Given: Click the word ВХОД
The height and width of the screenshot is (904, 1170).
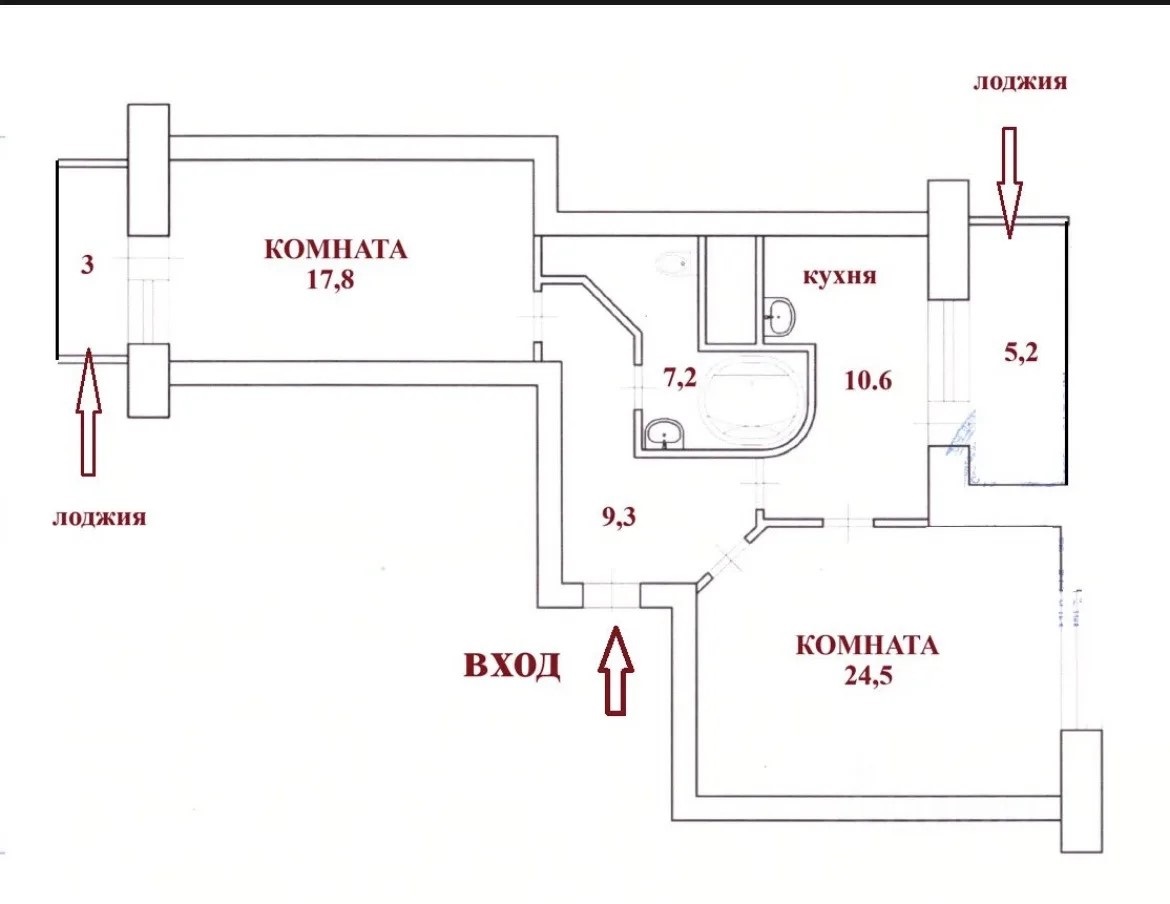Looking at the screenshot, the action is tap(512, 665).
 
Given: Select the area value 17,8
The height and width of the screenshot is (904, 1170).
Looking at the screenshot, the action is tap(330, 279).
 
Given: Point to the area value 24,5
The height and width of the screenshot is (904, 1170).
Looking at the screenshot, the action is tap(869, 675).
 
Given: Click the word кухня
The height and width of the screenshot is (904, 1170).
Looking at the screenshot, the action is tap(839, 277).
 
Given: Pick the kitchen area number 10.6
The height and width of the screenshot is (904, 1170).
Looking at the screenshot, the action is tap(868, 380).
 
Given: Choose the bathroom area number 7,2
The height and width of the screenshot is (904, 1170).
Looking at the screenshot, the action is tap(680, 378).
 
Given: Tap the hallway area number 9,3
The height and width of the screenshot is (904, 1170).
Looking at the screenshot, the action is tap(619, 516).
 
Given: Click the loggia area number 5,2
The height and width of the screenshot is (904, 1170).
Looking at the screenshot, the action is tap(1021, 351).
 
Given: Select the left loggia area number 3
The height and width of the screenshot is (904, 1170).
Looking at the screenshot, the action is tap(87, 264).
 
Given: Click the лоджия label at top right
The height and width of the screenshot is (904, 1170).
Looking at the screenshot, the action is tap(1019, 82).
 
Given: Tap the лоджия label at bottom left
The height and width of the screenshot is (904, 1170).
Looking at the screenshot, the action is tap(98, 518).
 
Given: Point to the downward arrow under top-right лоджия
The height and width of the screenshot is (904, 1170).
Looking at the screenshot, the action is tap(1008, 183).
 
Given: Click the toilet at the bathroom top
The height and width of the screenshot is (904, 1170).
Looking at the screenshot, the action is tap(674, 264).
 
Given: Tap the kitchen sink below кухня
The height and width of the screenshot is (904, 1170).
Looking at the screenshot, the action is tap(780, 318).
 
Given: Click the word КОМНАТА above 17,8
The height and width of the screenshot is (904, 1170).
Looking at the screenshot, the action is tap(336, 249).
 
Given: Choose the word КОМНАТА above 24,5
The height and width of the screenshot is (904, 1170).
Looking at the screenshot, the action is tap(867, 645).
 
